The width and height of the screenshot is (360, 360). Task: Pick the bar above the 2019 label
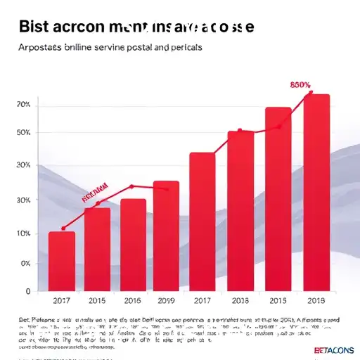[x=166, y=235]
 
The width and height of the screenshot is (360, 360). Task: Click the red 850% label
[x=300, y=84]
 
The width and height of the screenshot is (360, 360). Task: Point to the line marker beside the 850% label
[x=310, y=92]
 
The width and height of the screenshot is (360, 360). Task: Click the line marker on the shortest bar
[x=63, y=228]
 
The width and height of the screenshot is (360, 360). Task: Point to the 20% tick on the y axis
[x=22, y=104]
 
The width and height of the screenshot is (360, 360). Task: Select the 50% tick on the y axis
[x=22, y=133]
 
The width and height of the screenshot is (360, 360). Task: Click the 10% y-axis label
[x=22, y=233]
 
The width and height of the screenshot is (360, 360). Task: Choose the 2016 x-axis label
[x=133, y=301]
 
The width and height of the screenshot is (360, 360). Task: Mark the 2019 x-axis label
[x=166, y=301]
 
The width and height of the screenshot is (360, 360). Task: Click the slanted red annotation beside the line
[x=94, y=192]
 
